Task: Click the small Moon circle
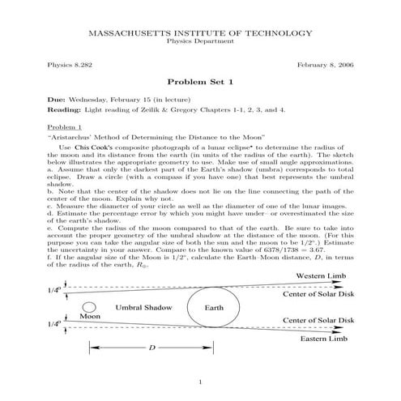[90, 306]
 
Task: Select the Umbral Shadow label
[143, 309]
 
